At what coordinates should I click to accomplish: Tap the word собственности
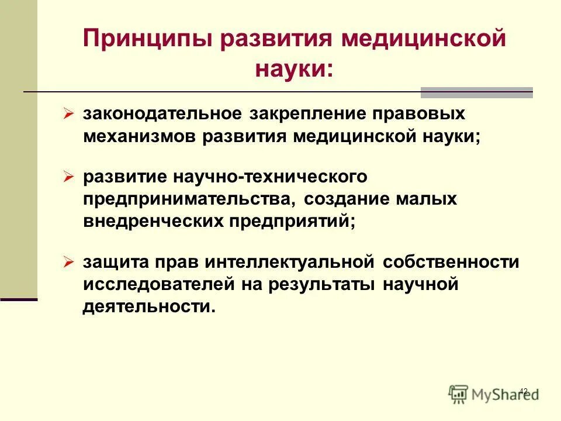451,262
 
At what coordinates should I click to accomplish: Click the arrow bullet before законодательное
68,112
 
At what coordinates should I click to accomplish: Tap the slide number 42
523,391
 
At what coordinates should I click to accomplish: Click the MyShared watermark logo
494,393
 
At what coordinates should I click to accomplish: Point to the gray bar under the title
477,92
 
